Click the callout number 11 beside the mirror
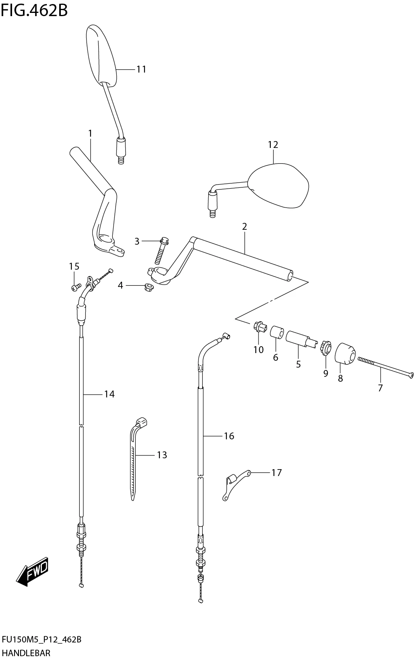pos(141,69)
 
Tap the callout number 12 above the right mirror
pos(273,145)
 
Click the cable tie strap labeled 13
pos(135,459)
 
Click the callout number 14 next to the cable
pos(109,394)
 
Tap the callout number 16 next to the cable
pos(229,436)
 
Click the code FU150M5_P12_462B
pos(42,639)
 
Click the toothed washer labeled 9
pos(325,348)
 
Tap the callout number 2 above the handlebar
pos(244,227)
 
